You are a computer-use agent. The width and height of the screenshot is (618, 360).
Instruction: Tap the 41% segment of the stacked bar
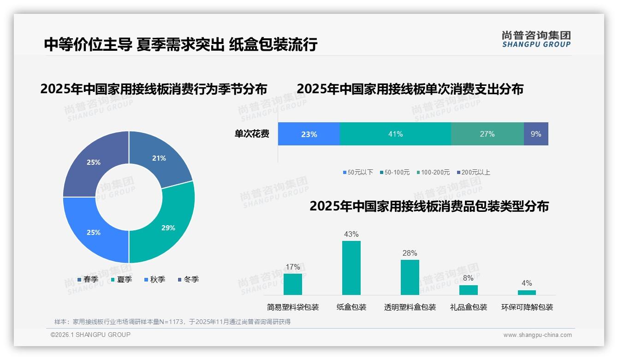click(395, 134)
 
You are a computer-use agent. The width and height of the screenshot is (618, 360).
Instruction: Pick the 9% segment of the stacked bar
click(536, 134)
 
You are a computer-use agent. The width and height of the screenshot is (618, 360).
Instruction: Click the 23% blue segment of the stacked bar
click(309, 134)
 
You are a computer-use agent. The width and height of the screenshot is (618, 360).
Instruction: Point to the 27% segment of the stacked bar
click(487, 134)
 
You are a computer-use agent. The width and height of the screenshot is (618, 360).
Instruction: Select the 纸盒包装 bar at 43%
click(351, 268)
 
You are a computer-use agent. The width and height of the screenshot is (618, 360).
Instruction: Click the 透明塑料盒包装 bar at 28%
click(410, 277)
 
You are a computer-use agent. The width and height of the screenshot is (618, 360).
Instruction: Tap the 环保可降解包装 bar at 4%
click(527, 293)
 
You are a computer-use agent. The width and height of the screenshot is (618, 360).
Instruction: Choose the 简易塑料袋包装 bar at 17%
click(293, 284)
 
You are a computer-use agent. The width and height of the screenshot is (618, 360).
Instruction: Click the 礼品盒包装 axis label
click(468, 307)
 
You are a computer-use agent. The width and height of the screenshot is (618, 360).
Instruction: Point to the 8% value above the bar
click(468, 278)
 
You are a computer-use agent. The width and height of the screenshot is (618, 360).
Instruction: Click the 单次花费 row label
click(252, 134)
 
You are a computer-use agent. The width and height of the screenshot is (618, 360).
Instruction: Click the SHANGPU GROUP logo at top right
click(536, 39)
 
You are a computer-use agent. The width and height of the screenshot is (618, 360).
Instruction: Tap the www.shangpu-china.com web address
click(537, 335)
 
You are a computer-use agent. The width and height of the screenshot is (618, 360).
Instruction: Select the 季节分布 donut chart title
click(154, 89)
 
